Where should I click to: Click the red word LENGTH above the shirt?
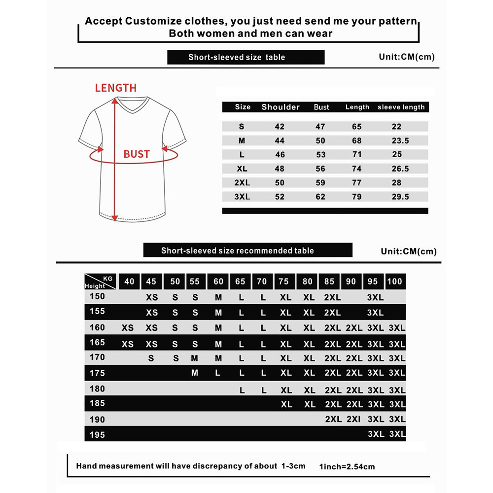click(x=115, y=88)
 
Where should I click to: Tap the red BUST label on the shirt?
click(x=136, y=154)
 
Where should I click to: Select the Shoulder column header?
click(x=281, y=107)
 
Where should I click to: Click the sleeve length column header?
click(x=401, y=107)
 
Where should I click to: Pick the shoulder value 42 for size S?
click(x=280, y=127)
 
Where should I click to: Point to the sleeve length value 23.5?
click(x=400, y=141)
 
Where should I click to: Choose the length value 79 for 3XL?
click(x=357, y=197)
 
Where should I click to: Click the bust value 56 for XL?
click(x=320, y=169)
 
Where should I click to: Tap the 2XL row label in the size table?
click(x=242, y=182)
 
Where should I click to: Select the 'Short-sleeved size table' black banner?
click(x=246, y=57)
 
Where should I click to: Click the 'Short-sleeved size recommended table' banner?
click(x=247, y=250)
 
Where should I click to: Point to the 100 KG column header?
click(x=395, y=282)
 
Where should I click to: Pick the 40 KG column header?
click(x=129, y=282)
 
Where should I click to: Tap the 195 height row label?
click(x=97, y=435)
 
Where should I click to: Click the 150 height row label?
click(x=97, y=296)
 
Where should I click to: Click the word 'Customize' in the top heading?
click(x=153, y=22)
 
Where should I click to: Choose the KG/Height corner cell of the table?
click(x=99, y=282)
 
